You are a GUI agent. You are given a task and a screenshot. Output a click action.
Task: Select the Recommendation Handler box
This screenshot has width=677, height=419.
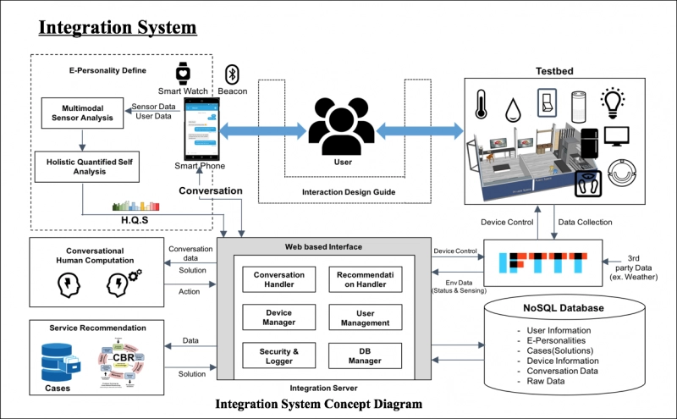pos(366,280)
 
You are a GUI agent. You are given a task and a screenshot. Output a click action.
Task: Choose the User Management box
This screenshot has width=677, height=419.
pos(366,317)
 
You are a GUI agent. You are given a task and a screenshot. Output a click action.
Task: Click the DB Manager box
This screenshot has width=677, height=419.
pos(366,355)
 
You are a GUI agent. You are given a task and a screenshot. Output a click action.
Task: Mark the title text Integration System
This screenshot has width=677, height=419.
pos(117,27)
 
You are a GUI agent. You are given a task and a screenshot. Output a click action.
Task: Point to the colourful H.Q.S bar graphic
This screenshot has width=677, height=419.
pos(135,204)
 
